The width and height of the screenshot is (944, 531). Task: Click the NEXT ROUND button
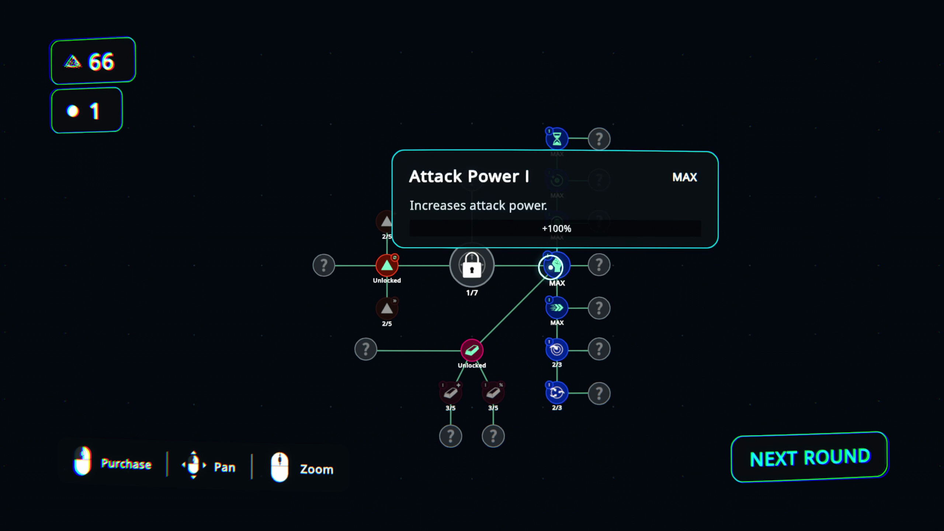point(809,457)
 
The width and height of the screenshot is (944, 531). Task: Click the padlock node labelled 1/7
point(472,265)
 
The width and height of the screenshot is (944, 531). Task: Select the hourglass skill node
point(557,139)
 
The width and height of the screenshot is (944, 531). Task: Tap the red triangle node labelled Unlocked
point(387,265)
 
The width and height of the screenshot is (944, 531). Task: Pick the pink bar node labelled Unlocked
point(472,350)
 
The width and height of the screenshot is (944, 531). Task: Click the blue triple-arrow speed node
point(557,308)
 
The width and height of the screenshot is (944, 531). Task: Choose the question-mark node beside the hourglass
point(599,139)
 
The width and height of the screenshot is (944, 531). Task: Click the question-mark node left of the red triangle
point(324,265)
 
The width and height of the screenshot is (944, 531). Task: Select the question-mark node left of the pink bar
point(366,349)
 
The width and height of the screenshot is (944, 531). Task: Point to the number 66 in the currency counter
point(101,61)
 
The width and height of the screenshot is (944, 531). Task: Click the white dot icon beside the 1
point(73,111)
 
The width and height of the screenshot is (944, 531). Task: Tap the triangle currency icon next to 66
point(73,62)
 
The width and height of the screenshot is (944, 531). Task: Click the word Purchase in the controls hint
point(126,464)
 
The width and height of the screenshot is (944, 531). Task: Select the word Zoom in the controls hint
point(317,469)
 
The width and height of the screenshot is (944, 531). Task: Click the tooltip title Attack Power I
point(469,176)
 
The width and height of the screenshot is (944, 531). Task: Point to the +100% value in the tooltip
point(556,229)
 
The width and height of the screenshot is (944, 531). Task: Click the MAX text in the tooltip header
point(685,177)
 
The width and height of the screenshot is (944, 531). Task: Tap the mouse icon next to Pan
point(193,465)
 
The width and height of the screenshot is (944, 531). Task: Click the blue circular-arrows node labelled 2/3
point(557,392)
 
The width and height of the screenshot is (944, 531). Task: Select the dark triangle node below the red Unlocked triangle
point(387,308)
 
